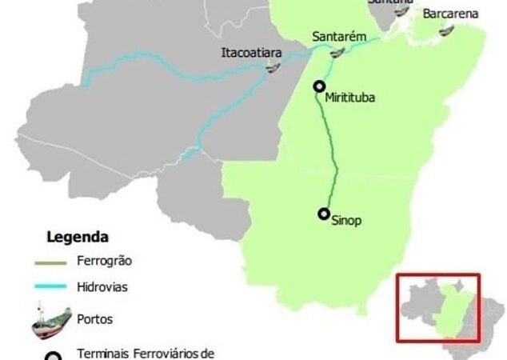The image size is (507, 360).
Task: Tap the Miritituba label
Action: [349, 98]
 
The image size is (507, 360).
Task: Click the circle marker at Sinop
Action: [324, 214]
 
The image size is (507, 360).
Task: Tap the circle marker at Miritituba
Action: [320, 87]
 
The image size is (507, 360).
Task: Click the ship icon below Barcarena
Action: [447, 30]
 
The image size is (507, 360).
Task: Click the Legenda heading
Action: [78, 238]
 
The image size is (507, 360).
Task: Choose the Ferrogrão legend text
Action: [104, 261]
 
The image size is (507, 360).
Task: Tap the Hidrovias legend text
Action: [102, 286]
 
